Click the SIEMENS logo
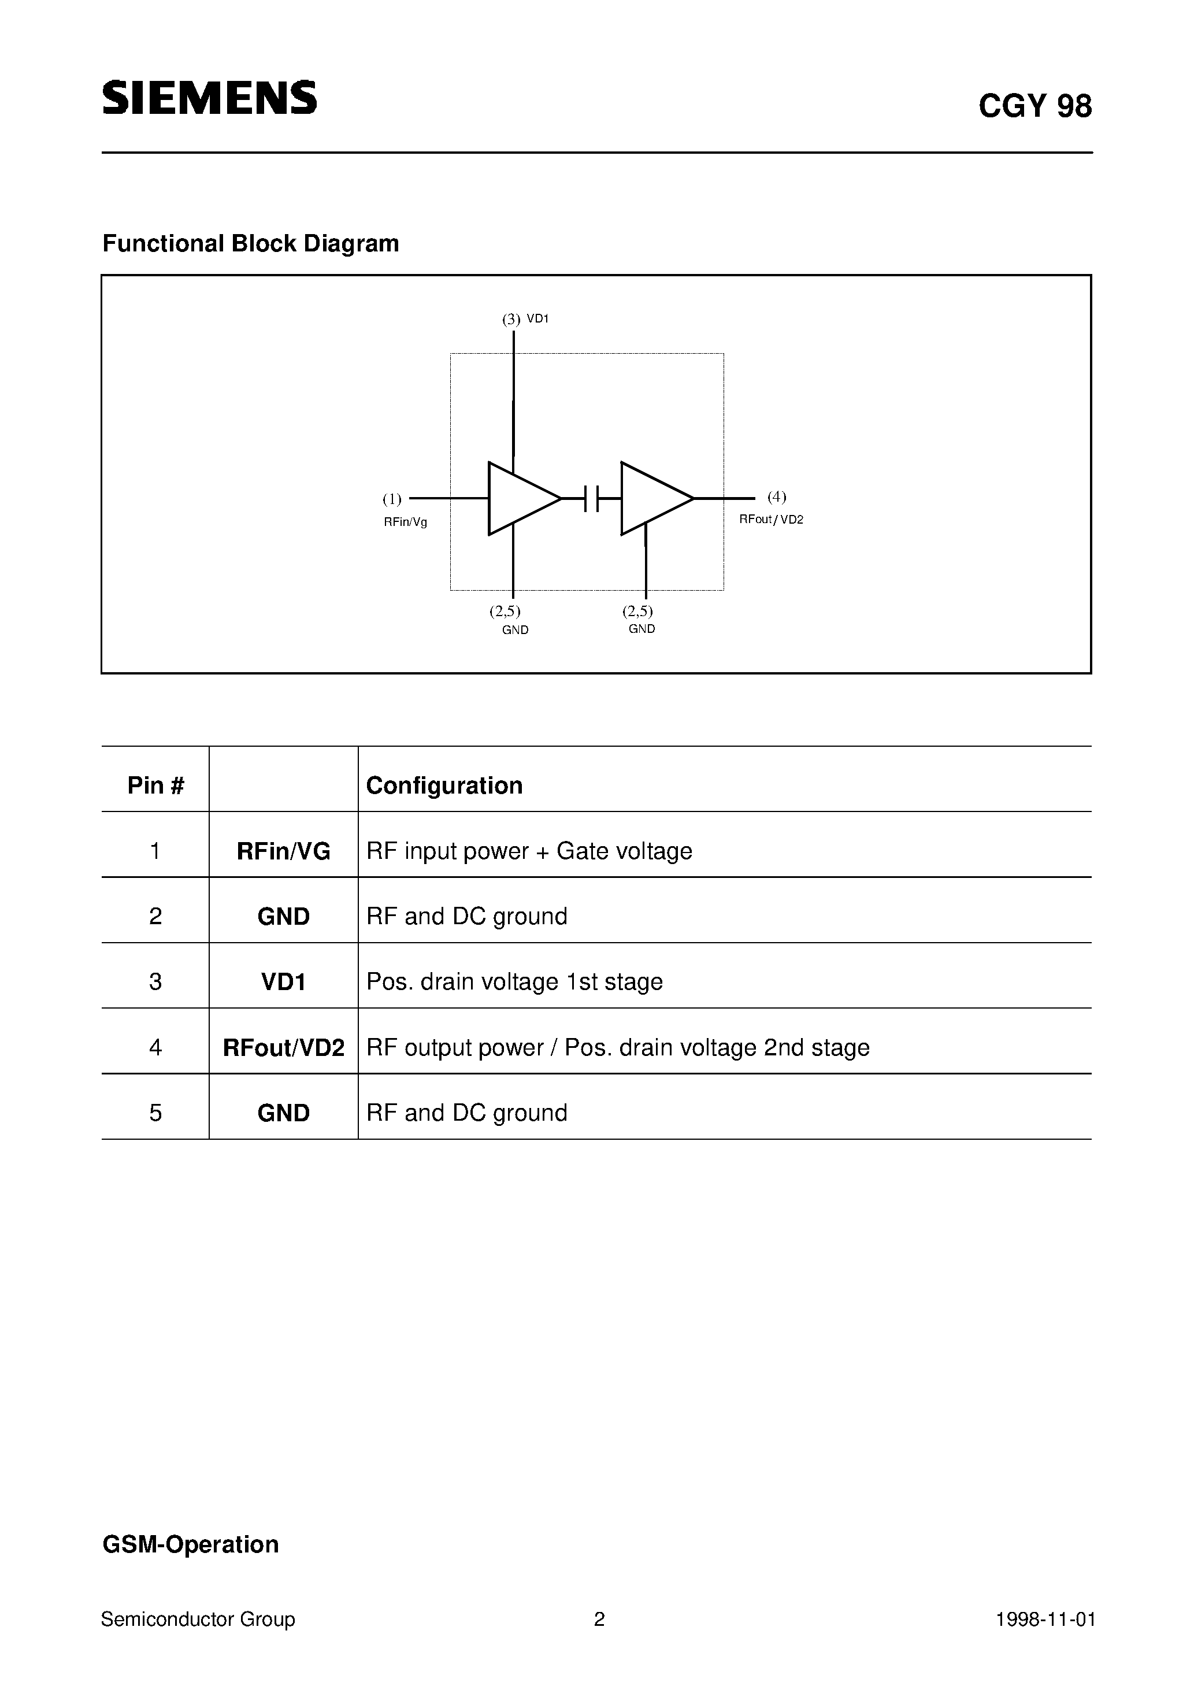point(209,98)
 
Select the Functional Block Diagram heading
point(250,244)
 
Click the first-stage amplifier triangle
point(519,498)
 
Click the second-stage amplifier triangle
point(651,498)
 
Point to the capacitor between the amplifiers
point(591,498)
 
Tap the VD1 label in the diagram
point(538,318)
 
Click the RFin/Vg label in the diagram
point(405,522)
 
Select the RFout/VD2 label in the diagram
point(771,520)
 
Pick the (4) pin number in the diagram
point(777,497)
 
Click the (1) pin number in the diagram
point(392,500)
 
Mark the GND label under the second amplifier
point(642,629)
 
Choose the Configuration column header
point(444,785)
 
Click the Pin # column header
point(155,785)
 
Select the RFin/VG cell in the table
point(283,851)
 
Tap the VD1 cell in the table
point(283,981)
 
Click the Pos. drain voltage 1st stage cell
point(514,981)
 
